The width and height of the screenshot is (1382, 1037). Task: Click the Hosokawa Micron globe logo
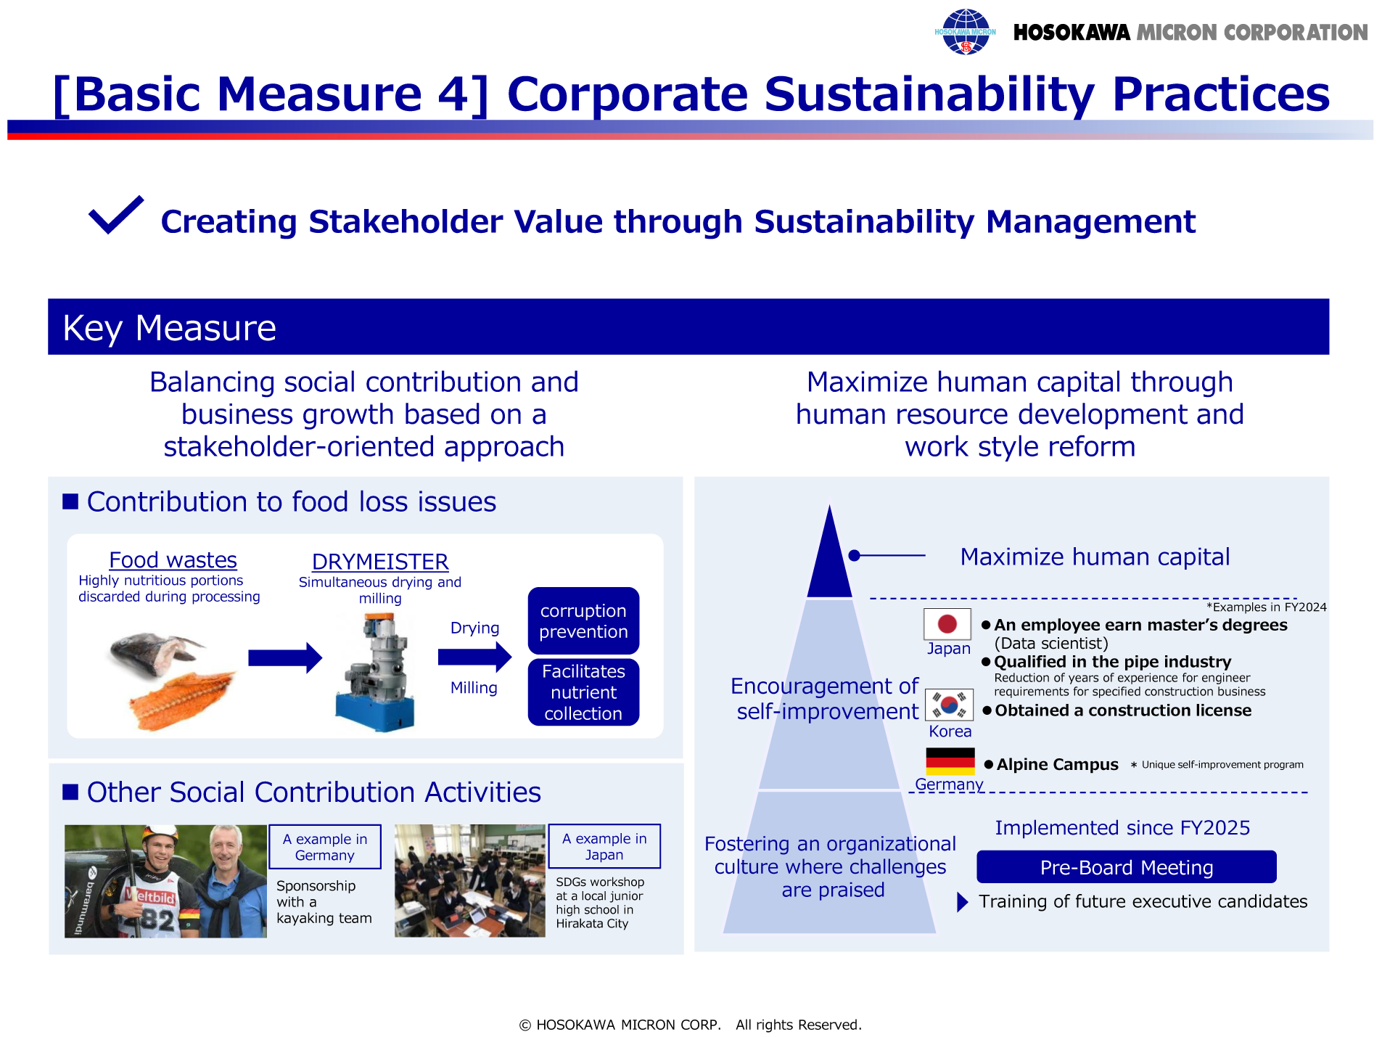click(x=965, y=32)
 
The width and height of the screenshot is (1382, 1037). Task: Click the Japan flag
click(x=947, y=623)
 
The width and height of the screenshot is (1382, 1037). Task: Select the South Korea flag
click(x=949, y=705)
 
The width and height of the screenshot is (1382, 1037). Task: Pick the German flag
click(x=950, y=762)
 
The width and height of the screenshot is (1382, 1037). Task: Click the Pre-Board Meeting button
click(x=1126, y=867)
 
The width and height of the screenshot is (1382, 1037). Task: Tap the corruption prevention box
click(x=583, y=621)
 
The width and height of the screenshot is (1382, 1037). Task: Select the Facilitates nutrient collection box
click(x=583, y=692)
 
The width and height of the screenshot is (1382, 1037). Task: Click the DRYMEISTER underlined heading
click(x=380, y=562)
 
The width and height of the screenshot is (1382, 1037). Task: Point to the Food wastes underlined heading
click(x=173, y=560)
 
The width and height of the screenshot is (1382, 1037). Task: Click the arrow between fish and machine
click(x=285, y=657)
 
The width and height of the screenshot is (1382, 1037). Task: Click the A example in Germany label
click(x=325, y=847)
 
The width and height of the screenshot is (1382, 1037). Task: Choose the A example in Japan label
click(x=604, y=846)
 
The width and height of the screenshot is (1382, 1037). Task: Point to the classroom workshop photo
click(x=469, y=881)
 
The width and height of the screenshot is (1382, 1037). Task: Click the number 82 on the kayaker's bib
click(x=157, y=920)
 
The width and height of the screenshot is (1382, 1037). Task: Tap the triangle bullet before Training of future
click(x=963, y=902)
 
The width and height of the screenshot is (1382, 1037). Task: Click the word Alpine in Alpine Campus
click(x=1021, y=765)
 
